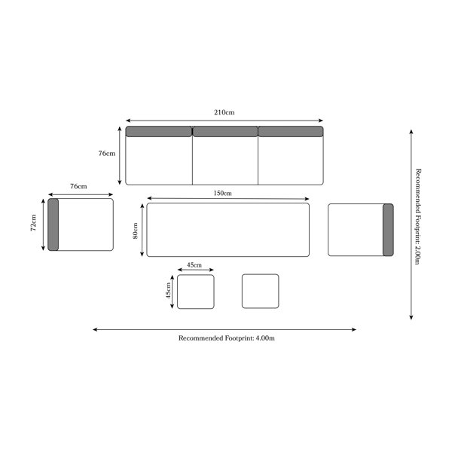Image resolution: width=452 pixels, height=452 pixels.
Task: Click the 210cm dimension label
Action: [x=224, y=112]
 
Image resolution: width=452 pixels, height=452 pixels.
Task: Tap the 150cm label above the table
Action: [x=222, y=193]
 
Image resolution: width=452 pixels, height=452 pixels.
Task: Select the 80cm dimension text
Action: [x=135, y=231]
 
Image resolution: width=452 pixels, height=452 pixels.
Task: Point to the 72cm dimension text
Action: [x=34, y=223]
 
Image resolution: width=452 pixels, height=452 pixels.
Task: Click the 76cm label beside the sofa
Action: [x=107, y=154]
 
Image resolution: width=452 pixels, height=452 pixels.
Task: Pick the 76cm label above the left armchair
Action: [x=78, y=187]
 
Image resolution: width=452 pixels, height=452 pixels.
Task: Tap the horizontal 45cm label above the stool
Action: [x=194, y=265]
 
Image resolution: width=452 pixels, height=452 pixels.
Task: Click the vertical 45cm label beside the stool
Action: [x=168, y=290]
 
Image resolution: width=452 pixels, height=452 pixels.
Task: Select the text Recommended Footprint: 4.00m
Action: [x=227, y=338]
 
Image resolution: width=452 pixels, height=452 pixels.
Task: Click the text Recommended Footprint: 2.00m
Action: [x=418, y=216]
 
